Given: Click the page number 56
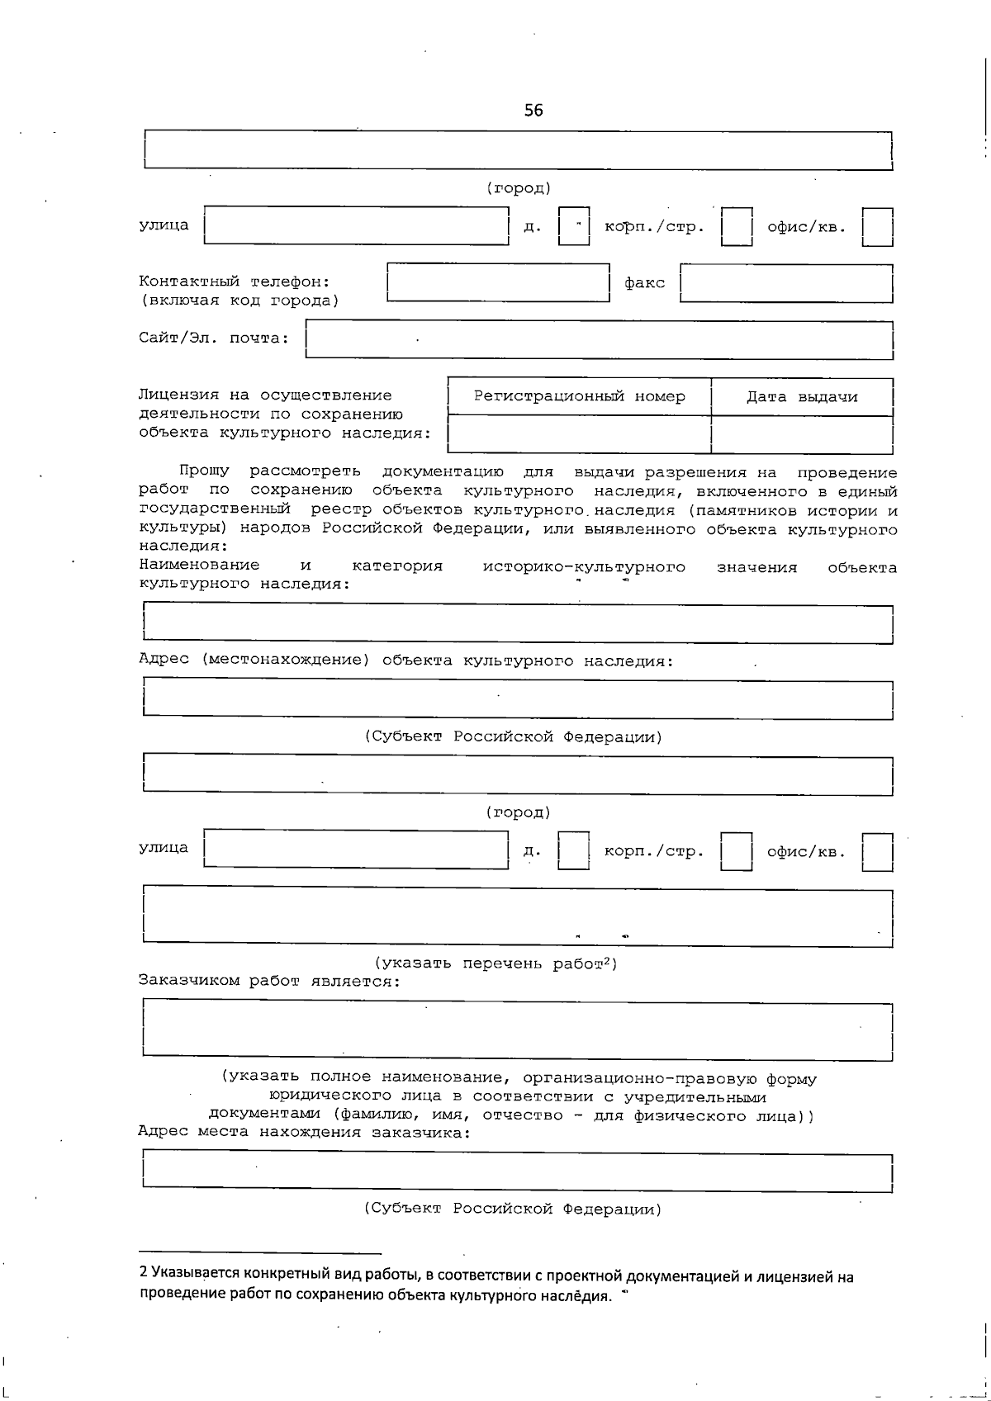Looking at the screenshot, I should tap(533, 110).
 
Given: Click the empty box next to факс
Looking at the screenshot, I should tap(786, 283).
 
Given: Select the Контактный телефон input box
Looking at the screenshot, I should tap(498, 283).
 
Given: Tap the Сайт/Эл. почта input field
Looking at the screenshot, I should tap(599, 340).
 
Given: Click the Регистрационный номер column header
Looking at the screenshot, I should tap(579, 396).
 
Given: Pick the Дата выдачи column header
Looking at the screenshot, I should tap(802, 397).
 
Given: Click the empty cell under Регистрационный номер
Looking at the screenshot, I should tap(579, 434).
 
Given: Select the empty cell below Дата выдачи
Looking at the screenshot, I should tap(802, 434).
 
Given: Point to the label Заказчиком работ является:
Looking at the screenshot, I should tap(269, 981).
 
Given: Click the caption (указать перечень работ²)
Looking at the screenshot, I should tap(495, 963).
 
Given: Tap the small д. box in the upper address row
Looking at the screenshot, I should tap(574, 226).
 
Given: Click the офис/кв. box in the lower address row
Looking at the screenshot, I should tap(877, 852).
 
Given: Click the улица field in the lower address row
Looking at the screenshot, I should tap(356, 850).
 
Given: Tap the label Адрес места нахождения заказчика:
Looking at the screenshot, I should tap(304, 1132).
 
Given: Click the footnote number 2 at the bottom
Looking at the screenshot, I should tap(143, 1277).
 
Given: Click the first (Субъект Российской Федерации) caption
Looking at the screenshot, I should tap(513, 736).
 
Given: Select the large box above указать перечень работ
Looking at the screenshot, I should tap(518, 916).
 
